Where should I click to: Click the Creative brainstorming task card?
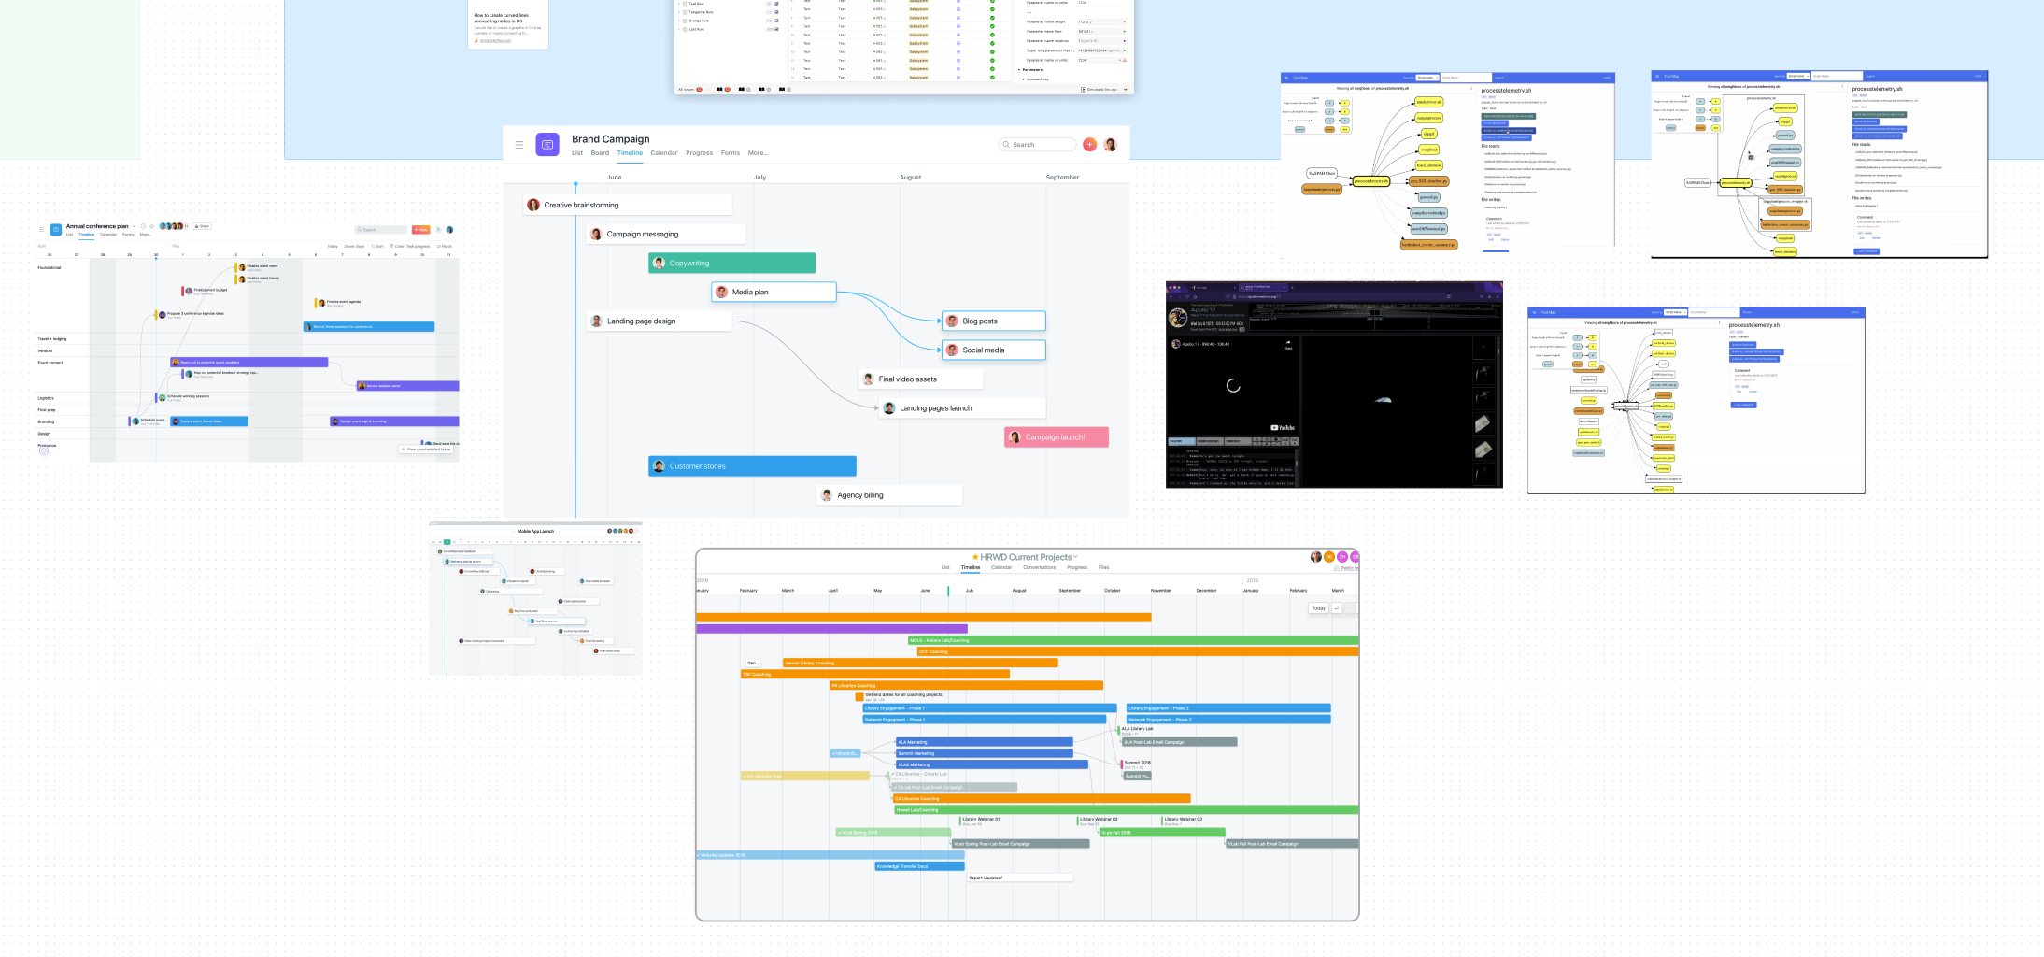pyautogui.click(x=626, y=206)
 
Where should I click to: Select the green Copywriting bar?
pyautogui.click(x=731, y=264)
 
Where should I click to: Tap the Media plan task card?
pyautogui.click(x=774, y=293)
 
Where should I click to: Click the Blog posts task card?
pyautogui.click(x=992, y=321)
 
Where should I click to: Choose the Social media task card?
pyautogui.click(x=992, y=350)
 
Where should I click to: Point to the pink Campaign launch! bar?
pyautogui.click(x=1056, y=437)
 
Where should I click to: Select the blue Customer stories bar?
pyautogui.click(x=752, y=466)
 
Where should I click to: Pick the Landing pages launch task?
pyautogui.click(x=960, y=408)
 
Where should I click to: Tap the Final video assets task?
pyautogui.click(x=919, y=379)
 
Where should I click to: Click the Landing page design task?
pyautogui.click(x=659, y=321)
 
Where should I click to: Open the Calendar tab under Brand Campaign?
pyautogui.click(x=663, y=153)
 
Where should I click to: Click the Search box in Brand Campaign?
pyautogui.click(x=1037, y=145)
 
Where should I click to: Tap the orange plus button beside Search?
pyautogui.click(x=1089, y=145)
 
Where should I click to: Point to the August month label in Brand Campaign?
pyautogui.click(x=910, y=178)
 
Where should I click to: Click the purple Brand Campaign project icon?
pyautogui.click(x=547, y=145)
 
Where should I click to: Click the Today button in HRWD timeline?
pyautogui.click(x=1318, y=608)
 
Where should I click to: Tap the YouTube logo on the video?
pyautogui.click(x=1283, y=428)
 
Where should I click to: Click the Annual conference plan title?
pyautogui.click(x=97, y=226)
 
